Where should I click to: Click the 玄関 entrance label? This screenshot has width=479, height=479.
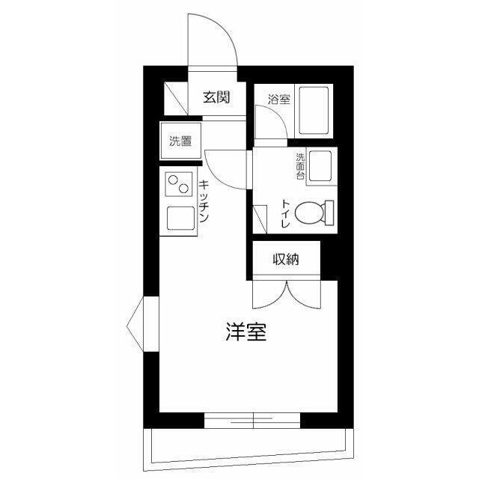pyautogui.click(x=216, y=97)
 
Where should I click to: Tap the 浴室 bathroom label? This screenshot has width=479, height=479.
pyautogui.click(x=279, y=100)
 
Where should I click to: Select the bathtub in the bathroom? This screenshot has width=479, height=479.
pyautogui.click(x=314, y=111)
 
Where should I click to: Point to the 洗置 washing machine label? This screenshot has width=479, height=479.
pyautogui.click(x=180, y=141)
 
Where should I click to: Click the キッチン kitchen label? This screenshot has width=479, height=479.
pyautogui.click(x=204, y=201)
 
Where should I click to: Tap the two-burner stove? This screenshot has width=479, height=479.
pyautogui.click(x=179, y=184)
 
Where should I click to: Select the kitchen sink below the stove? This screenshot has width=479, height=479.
pyautogui.click(x=180, y=219)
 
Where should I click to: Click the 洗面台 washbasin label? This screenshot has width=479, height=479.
pyautogui.click(x=300, y=166)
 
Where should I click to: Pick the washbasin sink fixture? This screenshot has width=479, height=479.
pyautogui.click(x=320, y=166)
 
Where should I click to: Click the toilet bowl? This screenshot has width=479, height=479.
pyautogui.click(x=309, y=213)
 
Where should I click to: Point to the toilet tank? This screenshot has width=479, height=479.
pyautogui.click(x=329, y=213)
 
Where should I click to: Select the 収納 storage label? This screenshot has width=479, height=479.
pyautogui.click(x=286, y=260)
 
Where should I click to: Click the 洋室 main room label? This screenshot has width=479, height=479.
pyautogui.click(x=246, y=332)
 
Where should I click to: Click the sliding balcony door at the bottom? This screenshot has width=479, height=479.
pyautogui.click(x=252, y=421)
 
